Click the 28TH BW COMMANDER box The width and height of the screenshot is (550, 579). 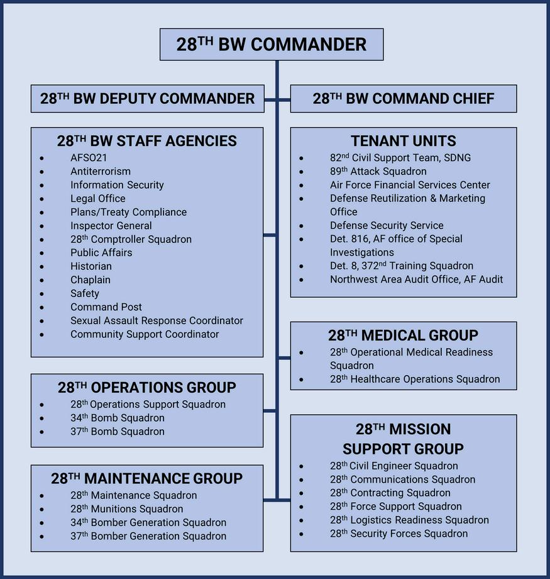click(272, 45)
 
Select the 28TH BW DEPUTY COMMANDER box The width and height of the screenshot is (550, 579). click(148, 99)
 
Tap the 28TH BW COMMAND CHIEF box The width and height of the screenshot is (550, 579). click(403, 99)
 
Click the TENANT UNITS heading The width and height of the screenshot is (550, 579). click(403, 141)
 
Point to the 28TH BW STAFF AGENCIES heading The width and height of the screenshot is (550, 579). click(147, 141)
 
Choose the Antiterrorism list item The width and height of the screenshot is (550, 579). click(101, 171)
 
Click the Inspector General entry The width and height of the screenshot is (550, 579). click(111, 225)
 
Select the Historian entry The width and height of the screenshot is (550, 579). click(91, 266)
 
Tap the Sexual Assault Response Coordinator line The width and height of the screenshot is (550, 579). click(157, 320)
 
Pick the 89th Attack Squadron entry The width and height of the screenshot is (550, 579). click(378, 171)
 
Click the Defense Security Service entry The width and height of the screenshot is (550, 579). click(387, 225)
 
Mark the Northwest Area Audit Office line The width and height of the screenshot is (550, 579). click(416, 279)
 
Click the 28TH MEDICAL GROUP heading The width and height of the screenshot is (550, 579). click(403, 335)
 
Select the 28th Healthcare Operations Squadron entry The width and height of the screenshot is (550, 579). click(415, 379)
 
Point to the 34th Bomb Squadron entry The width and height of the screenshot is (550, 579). click(118, 418)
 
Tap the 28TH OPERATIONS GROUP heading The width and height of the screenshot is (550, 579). click(147, 388)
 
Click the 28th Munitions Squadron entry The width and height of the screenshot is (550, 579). click(127, 509)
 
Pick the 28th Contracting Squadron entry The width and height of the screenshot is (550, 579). click(390, 493)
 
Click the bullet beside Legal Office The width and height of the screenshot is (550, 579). click(41, 199)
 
